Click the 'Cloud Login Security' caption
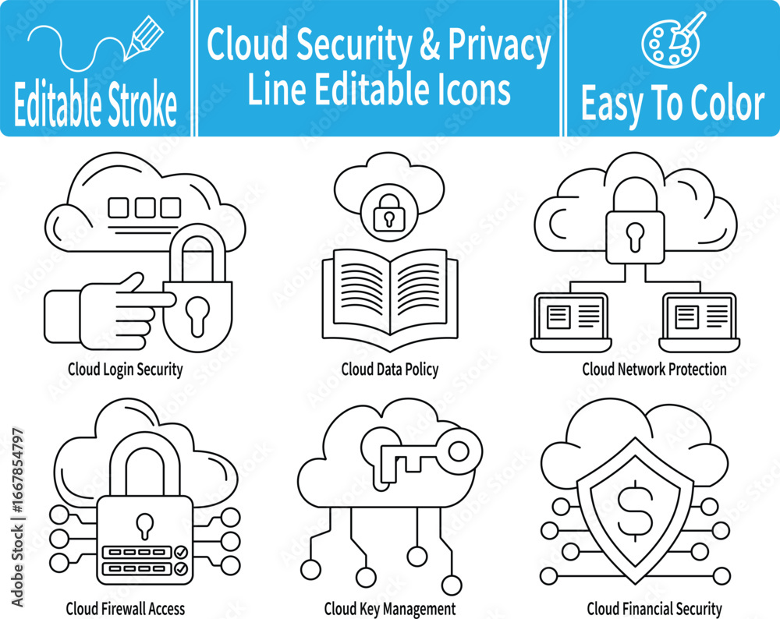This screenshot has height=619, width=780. tap(126, 370)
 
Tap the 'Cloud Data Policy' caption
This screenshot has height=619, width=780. tap(390, 370)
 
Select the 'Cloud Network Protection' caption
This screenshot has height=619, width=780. tap(654, 370)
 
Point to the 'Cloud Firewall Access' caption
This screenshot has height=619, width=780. tap(126, 609)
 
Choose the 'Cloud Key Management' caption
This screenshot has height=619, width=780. tap(390, 609)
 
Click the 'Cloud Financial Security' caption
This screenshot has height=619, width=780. tap(654, 609)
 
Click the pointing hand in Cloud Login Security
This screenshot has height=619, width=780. tap(109, 313)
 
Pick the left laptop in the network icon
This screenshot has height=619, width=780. tap(571, 322)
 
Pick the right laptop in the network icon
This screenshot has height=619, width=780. tap(700, 322)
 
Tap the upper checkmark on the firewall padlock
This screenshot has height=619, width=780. tap(181, 552)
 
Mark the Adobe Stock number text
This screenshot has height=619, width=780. tap(18, 517)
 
